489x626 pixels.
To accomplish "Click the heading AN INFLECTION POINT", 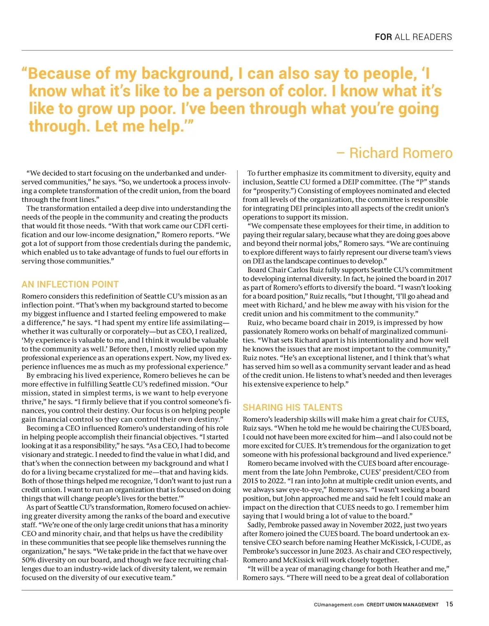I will pyautogui.click(x=70, y=284).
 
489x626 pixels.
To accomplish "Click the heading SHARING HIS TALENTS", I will pyautogui.click(x=292, y=407).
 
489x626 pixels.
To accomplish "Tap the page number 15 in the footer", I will pyautogui.click(x=449, y=604).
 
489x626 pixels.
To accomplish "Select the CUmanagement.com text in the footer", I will pyautogui.click(x=339, y=605).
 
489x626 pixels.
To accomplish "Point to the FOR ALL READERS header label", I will pyautogui.click(x=413, y=37).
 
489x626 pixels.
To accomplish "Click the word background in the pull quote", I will pyautogui.click(x=187, y=73).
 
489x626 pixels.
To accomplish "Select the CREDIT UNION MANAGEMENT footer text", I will pyautogui.click(x=402, y=605).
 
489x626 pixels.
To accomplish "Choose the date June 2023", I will pyautogui.click(x=344, y=551).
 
